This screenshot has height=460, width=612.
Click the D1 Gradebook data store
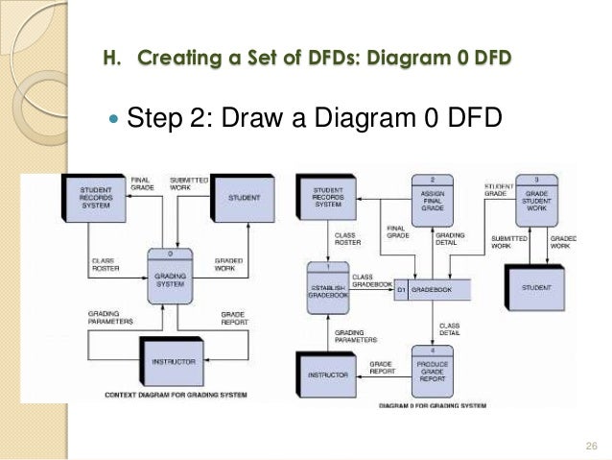click(433, 288)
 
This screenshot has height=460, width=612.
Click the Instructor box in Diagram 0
click(328, 373)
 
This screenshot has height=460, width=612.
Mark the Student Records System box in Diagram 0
click(328, 198)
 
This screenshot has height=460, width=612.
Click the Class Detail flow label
click(449, 328)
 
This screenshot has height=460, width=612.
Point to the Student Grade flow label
click(497, 189)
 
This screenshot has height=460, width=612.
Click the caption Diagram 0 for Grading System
click(433, 405)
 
